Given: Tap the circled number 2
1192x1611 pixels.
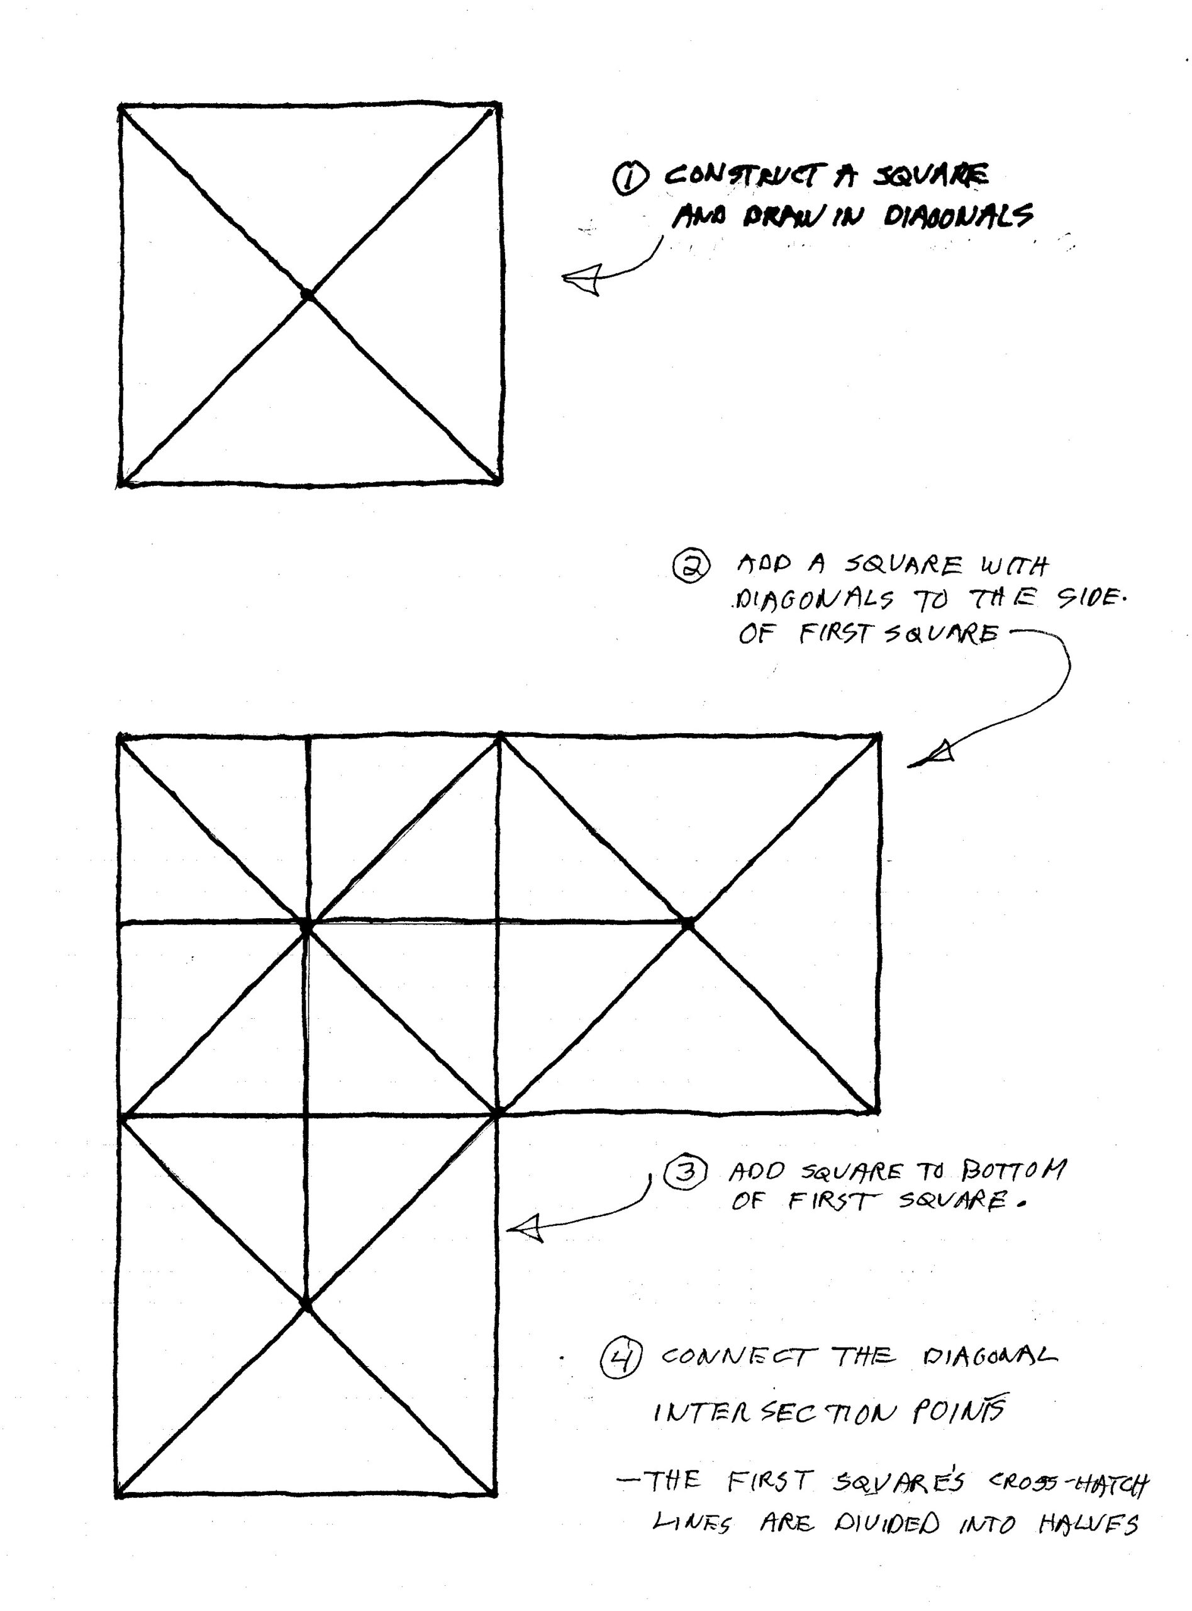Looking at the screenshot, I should (691, 565).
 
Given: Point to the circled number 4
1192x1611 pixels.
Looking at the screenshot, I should (620, 1359).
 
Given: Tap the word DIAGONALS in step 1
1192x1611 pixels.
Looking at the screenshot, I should (958, 216).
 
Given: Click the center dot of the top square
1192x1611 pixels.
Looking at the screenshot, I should (308, 295).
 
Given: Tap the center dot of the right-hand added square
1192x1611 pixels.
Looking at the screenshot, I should (688, 924).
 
